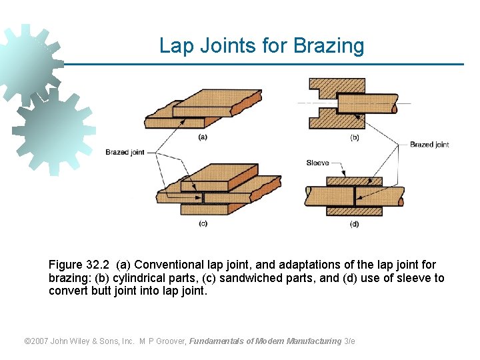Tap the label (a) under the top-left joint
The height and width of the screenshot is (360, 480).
203,137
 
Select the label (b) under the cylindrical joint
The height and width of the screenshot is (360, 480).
355,137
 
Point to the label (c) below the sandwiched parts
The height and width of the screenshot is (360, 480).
203,223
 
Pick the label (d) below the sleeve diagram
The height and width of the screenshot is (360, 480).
355,224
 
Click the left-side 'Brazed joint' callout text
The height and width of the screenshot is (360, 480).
125,153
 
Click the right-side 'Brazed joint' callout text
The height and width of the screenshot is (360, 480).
429,145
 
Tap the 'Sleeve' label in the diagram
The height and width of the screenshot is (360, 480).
317,163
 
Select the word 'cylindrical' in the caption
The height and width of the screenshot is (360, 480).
138,278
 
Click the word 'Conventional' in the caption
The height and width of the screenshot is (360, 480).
166,265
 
